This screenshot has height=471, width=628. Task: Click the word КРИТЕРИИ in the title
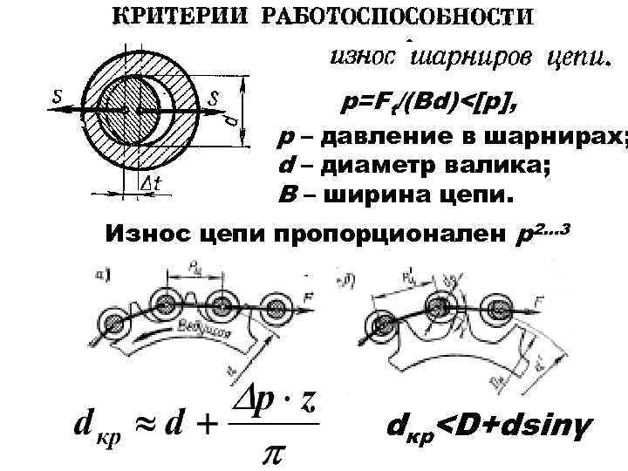click(183, 18)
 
